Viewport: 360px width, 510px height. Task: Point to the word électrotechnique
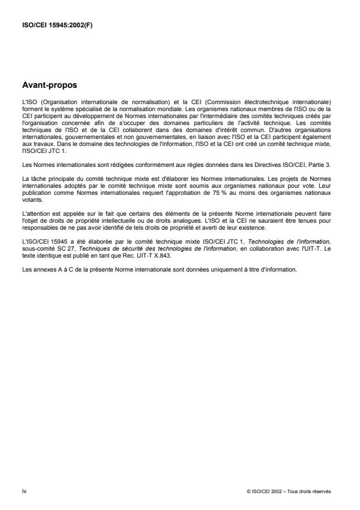click(x=269, y=102)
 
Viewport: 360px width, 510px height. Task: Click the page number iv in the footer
click(x=24, y=491)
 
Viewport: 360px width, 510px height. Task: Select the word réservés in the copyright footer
click(x=320, y=491)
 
